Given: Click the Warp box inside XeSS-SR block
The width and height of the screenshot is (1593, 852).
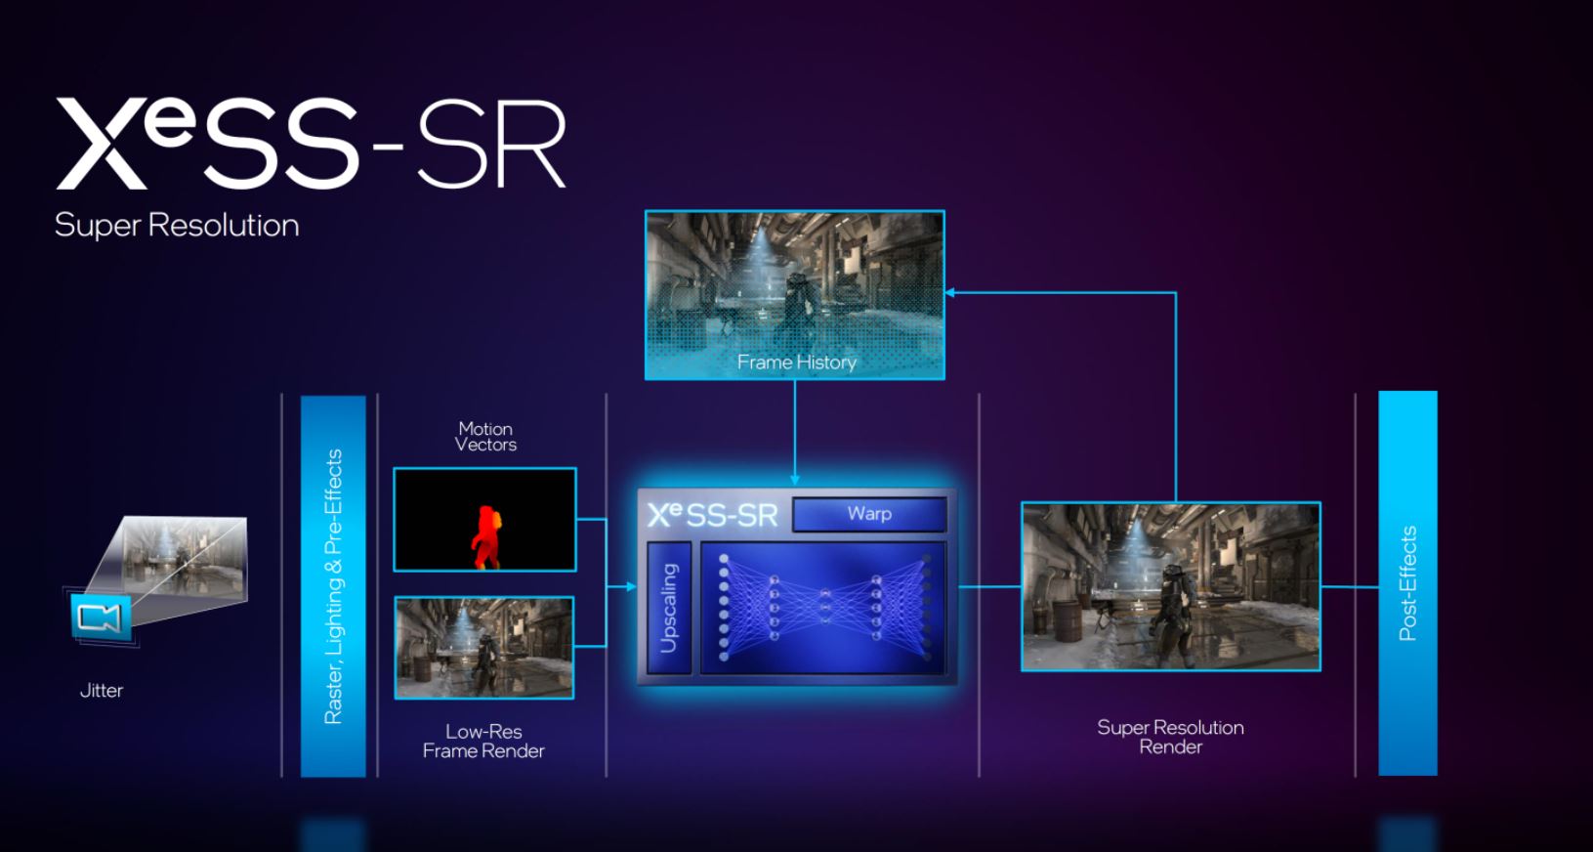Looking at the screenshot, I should (869, 514).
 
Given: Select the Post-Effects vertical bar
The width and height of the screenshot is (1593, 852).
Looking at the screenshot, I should (1407, 583).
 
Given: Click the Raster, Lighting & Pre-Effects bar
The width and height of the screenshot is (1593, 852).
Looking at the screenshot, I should (333, 586).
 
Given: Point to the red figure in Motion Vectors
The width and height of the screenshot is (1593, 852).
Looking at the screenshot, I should (485, 536).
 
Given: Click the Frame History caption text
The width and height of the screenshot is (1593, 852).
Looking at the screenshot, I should (796, 362).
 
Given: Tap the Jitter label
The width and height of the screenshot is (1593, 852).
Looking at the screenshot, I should (102, 691).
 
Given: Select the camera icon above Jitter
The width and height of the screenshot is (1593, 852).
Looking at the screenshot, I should (101, 618).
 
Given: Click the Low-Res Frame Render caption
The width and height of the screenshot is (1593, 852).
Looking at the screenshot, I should (483, 741).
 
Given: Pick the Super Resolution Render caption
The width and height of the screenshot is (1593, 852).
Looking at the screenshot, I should (1170, 737).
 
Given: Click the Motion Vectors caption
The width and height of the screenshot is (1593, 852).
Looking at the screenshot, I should (485, 436).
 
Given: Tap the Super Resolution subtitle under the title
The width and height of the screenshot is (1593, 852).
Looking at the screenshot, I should (177, 226).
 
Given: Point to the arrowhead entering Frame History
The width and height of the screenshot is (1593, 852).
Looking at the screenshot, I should (949, 292).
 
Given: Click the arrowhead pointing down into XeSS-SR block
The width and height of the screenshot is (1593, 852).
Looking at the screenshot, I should (795, 480).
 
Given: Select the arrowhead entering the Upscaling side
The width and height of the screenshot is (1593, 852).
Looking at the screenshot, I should (631, 587).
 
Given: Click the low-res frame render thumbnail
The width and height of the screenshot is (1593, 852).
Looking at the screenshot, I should (484, 648).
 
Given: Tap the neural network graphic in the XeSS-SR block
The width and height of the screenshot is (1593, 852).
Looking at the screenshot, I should (823, 608).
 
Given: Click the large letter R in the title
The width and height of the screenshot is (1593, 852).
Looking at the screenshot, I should (527, 147).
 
